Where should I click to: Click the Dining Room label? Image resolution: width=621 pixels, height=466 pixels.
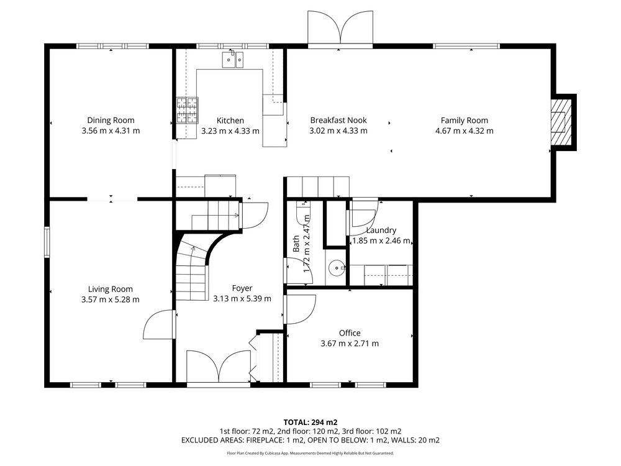tap(111, 121)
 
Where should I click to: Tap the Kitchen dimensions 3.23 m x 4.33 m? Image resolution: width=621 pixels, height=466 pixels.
tap(230, 130)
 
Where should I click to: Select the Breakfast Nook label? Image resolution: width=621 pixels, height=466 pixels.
tap(338, 121)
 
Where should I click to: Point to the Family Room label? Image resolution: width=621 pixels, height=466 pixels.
tap(465, 121)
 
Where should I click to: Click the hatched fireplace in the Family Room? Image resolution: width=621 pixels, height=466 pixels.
tap(562, 122)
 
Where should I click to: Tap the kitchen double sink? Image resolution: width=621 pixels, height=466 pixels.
tap(233, 60)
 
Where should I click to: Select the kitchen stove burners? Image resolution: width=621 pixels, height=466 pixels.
tap(187, 111)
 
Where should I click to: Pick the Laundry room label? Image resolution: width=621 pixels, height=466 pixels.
tap(381, 231)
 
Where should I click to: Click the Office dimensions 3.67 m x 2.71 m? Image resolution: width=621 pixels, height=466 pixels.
tap(350, 344)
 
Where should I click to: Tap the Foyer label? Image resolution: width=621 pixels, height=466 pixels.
tap(242, 288)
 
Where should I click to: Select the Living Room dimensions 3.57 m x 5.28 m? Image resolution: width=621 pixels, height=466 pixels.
tap(111, 299)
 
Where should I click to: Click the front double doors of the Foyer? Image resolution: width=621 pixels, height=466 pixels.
tap(218, 366)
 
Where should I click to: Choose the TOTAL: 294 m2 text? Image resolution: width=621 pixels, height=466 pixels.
tap(310, 423)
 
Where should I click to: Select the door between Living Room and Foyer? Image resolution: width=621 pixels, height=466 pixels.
tap(158, 324)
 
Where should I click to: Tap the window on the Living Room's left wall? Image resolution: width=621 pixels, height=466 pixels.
tap(47, 242)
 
